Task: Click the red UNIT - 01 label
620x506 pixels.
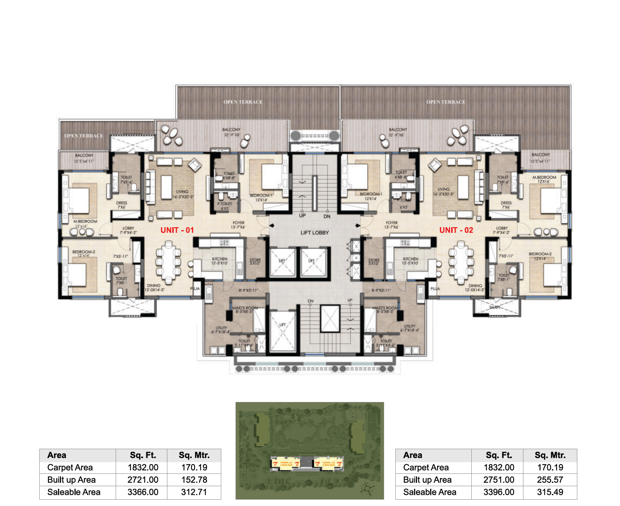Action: [177, 230]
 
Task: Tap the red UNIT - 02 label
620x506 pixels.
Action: [456, 230]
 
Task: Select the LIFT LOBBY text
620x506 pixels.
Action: [314, 233]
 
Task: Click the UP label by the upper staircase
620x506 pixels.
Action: [302, 216]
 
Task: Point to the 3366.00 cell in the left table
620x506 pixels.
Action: [143, 492]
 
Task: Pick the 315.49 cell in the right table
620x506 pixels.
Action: [550, 492]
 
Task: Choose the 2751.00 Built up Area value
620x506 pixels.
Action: [498, 480]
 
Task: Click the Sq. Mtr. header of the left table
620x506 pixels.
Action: [194, 455]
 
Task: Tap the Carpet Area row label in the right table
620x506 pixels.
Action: [426, 467]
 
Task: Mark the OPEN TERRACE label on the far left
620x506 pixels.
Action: [83, 136]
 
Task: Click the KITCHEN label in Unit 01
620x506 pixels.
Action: [219, 259]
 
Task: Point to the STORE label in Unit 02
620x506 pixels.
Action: [374, 260]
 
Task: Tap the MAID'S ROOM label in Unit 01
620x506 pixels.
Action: [245, 308]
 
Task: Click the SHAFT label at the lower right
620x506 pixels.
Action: [495, 307]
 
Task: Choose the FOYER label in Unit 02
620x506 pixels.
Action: [392, 223]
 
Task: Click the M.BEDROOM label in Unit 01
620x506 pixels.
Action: [85, 222]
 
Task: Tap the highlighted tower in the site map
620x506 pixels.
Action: [308, 463]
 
